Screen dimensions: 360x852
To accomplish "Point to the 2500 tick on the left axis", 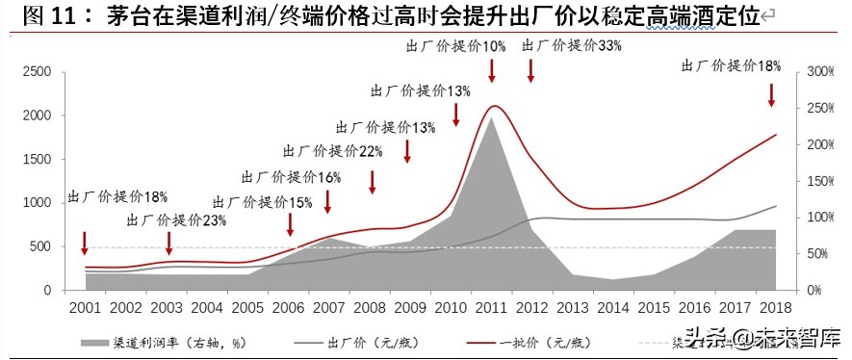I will [x=38, y=72].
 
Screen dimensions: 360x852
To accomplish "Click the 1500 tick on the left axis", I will [x=38, y=160].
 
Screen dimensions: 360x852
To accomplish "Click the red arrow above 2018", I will [x=771, y=94].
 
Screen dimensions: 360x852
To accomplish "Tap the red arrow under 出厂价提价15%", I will [x=291, y=224].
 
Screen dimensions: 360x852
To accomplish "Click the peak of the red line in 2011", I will [x=494, y=106].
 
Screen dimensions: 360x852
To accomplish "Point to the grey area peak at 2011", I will [x=491, y=118].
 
